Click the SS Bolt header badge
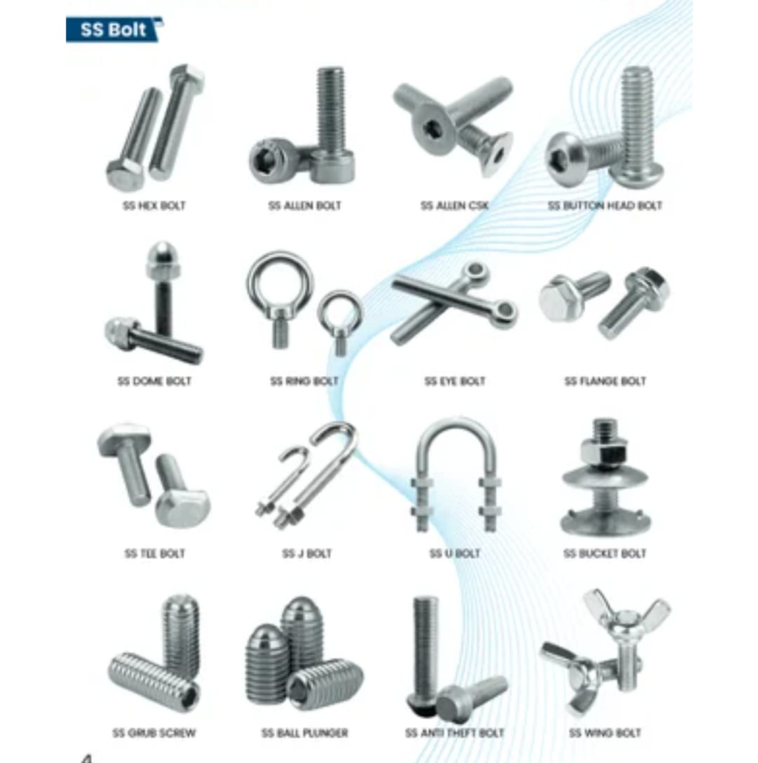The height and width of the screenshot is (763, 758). coord(114,29)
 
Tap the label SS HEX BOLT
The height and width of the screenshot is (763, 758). coord(154,206)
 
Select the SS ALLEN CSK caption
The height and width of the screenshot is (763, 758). coord(455,206)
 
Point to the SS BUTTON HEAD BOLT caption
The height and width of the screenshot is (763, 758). coord(605,206)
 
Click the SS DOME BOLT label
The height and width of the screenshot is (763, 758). coord(154,381)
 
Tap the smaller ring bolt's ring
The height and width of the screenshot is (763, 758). coord(340,311)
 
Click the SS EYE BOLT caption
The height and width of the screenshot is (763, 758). coord(455,381)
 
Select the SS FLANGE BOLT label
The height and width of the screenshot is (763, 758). coord(605,381)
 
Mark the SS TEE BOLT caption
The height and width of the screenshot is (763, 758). coord(154,554)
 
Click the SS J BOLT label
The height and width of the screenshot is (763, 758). coord(307,554)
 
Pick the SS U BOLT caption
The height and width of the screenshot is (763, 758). coord(455,554)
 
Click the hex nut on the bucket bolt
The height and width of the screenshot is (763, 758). coord(604,453)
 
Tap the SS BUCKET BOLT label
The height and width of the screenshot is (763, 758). coord(605,554)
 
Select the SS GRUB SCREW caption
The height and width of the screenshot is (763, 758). coord(154,733)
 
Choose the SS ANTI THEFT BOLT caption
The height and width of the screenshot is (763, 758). coord(455,733)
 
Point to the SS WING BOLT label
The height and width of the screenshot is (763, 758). coord(605,733)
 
